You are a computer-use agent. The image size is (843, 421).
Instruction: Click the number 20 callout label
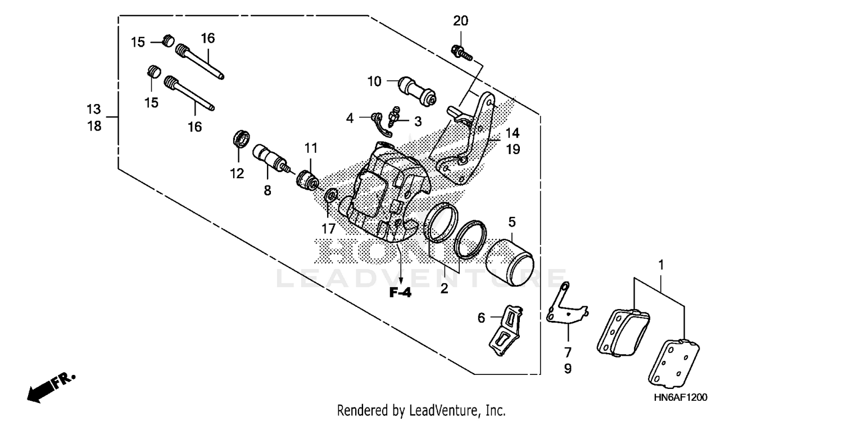tap(460, 21)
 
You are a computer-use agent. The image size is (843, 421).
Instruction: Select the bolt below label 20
tap(459, 52)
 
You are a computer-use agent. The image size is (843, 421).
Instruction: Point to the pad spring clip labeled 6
tap(505, 331)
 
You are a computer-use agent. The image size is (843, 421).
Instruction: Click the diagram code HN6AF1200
tap(679, 397)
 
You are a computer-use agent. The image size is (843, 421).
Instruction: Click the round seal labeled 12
tap(241, 139)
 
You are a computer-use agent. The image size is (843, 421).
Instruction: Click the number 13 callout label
tap(94, 108)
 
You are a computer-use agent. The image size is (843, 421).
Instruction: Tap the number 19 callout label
tap(512, 150)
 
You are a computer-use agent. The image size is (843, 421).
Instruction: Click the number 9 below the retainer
tap(567, 369)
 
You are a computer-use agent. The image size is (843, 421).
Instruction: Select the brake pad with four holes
tap(677, 364)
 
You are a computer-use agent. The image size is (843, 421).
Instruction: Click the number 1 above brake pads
tap(661, 264)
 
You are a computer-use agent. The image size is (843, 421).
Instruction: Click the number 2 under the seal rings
tap(444, 288)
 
